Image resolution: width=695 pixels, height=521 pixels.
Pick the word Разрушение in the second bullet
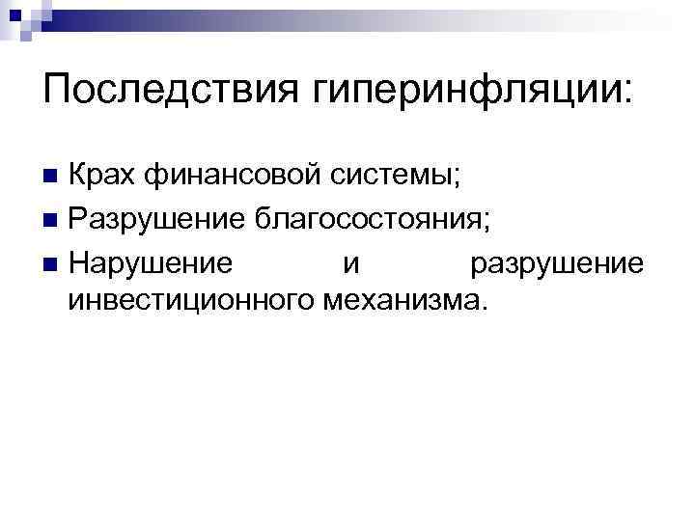tap(154, 220)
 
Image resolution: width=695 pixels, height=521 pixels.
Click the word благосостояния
tap(367, 220)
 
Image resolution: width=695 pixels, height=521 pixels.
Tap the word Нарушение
tap(150, 262)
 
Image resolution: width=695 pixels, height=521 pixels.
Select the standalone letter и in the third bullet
tap(347, 264)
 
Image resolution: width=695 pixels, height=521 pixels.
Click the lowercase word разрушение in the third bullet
tap(556, 263)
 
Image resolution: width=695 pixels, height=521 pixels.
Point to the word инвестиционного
tap(189, 301)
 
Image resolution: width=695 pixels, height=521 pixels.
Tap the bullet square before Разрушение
tap(51, 221)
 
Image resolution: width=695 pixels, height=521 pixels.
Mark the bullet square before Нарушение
tap(51, 264)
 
